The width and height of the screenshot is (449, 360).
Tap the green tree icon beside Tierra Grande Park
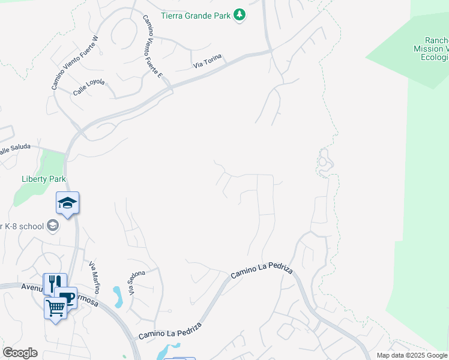[240, 14]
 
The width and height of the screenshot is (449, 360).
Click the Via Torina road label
[207, 61]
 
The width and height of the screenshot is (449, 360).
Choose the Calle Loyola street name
[89, 88]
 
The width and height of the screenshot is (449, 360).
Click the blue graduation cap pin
[68, 204]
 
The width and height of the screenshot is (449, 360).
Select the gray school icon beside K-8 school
[53, 226]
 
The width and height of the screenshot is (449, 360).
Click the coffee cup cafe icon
[66, 297]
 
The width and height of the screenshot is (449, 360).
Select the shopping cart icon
[55, 308]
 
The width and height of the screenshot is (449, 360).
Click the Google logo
[20, 353]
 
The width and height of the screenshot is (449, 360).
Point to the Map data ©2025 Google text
[412, 355]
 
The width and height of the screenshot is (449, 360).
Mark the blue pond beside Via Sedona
[118, 296]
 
